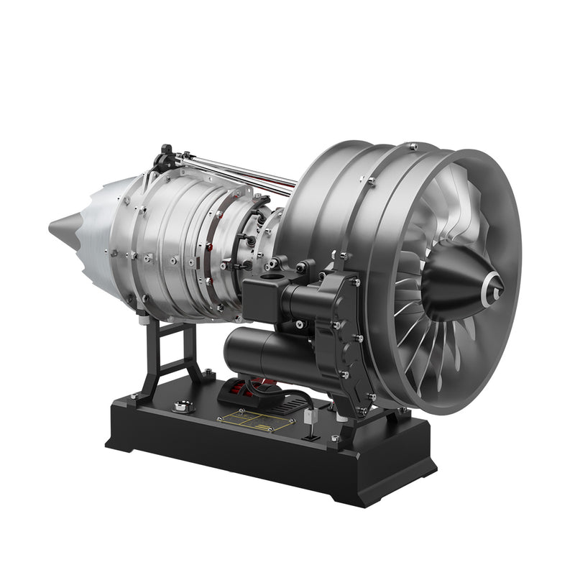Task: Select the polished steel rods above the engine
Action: pos(237,170)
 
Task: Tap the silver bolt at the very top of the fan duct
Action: pos(413,147)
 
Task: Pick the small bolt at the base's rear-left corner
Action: pos(134,395)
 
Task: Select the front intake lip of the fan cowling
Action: pos(503,216)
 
